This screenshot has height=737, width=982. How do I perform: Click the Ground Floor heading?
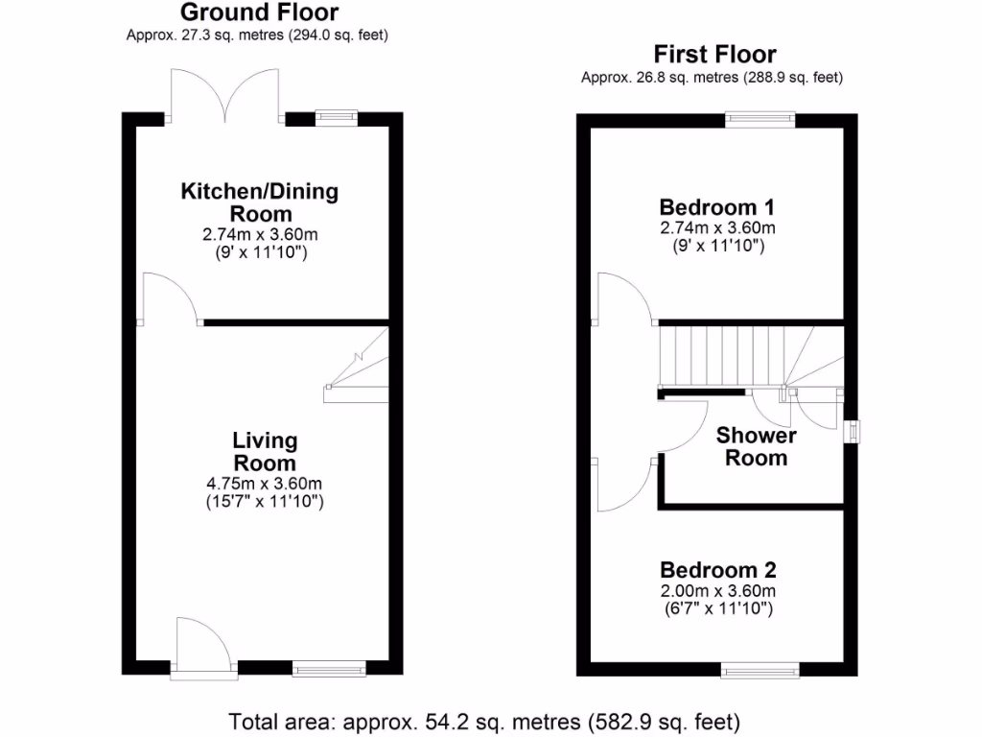pyautogui.click(x=259, y=12)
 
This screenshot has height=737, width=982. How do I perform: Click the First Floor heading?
pyautogui.click(x=714, y=55)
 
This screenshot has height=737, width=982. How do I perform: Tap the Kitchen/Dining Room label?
pyautogui.click(x=260, y=202)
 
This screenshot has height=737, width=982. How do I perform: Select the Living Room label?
pyautogui.click(x=265, y=452)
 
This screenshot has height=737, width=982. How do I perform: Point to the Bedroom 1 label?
pyautogui.click(x=717, y=207)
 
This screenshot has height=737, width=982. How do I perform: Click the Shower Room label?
pyautogui.click(x=756, y=446)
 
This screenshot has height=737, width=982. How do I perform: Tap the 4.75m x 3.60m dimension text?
pyautogui.click(x=265, y=483)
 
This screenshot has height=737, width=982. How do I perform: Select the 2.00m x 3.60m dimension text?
pyautogui.click(x=717, y=590)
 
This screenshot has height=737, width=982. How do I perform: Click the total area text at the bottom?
pyautogui.click(x=484, y=720)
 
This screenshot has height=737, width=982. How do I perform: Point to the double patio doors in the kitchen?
pyautogui.click(x=226, y=96)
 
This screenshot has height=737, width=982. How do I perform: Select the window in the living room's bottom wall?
pyautogui.click(x=329, y=669)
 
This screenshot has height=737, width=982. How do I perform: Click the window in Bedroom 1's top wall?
pyautogui.click(x=760, y=119)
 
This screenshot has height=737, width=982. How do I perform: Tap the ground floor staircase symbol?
pyautogui.click(x=358, y=368)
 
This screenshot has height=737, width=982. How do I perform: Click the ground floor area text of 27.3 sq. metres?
pyautogui.click(x=259, y=35)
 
